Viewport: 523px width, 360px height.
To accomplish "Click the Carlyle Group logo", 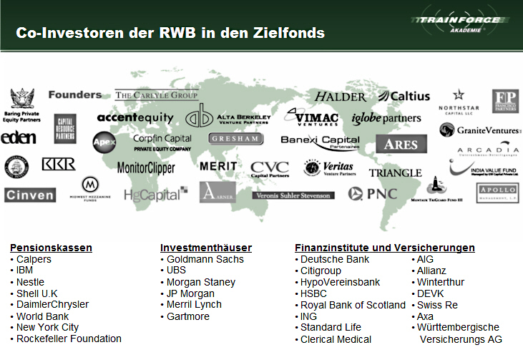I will (x=157, y=95).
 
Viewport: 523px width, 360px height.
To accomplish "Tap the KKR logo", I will (x=58, y=165).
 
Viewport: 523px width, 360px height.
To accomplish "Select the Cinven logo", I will (x=29, y=194).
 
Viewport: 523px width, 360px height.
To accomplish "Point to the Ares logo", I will (x=401, y=144).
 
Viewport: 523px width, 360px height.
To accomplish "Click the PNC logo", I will (x=371, y=193).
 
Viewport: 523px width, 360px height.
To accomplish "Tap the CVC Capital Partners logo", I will (x=270, y=169).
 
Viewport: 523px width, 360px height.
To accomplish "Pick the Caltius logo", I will (x=404, y=96).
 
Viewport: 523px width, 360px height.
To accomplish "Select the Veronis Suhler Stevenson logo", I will (x=293, y=195).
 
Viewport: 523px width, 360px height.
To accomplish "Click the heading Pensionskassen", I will (x=51, y=248).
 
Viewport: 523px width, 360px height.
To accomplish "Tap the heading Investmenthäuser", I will (x=206, y=248).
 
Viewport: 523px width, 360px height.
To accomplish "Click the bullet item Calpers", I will (x=34, y=259).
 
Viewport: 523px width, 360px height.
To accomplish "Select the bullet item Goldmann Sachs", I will (x=205, y=259).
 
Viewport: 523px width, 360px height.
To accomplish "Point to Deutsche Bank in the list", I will (x=334, y=259).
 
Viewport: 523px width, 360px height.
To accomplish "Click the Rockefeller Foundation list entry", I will (x=69, y=339).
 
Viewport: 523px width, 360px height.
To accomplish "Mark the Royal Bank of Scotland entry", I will (x=353, y=305).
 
